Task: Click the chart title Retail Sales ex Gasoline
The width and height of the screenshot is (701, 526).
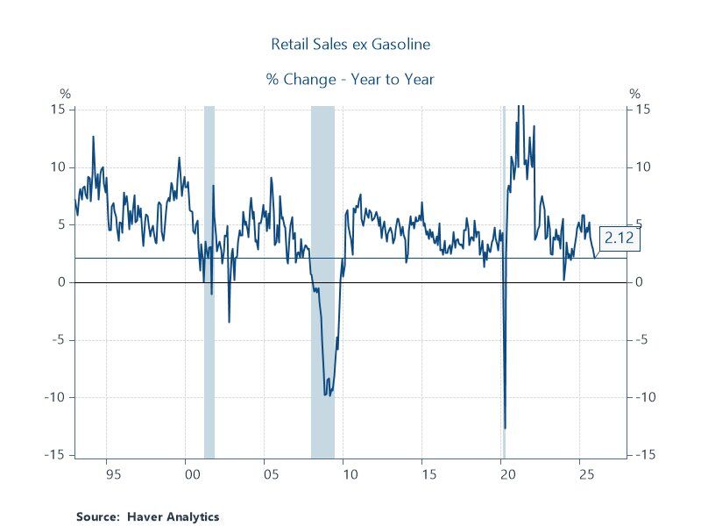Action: tap(350, 43)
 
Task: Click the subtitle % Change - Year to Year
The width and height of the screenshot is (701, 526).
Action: tap(350, 79)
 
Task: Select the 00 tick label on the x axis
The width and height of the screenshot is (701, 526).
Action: tap(186, 474)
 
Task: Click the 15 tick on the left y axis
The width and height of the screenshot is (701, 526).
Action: tap(59, 110)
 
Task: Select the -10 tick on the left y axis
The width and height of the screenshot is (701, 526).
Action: tap(55, 397)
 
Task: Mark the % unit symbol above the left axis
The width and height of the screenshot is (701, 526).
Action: tap(64, 94)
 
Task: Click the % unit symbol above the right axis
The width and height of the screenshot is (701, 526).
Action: tap(635, 94)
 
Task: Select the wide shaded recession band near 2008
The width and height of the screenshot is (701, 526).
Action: tap(322, 281)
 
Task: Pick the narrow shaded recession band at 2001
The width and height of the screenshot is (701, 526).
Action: tap(209, 281)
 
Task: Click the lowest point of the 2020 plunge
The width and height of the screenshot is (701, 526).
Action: tap(505, 428)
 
